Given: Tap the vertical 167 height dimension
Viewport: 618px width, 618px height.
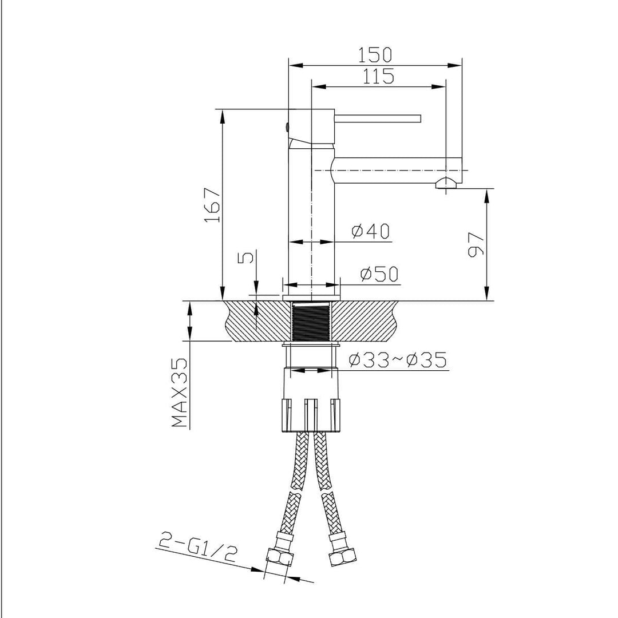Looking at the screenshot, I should (x=212, y=204).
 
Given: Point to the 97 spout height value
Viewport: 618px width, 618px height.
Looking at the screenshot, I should (x=476, y=244).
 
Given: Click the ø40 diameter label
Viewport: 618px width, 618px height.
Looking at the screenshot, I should (x=370, y=231).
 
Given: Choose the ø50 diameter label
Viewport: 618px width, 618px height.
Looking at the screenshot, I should (x=379, y=275).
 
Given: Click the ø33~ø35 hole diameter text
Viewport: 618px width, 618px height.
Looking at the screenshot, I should (x=397, y=360).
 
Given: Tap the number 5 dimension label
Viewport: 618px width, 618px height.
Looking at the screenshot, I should (x=245, y=258).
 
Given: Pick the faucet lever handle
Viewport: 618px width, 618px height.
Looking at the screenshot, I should (x=378, y=118).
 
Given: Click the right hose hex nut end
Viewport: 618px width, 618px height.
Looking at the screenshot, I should (x=342, y=557).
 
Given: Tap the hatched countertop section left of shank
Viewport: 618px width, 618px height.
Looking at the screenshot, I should (x=257, y=320).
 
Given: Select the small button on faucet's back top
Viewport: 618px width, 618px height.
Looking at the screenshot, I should (x=287, y=126).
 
